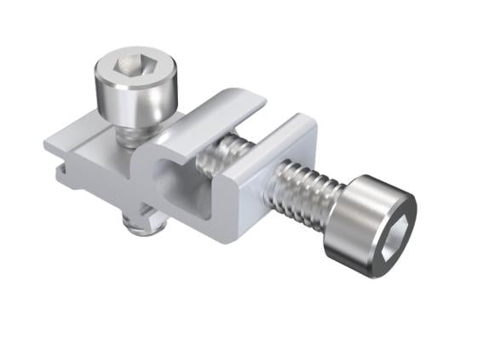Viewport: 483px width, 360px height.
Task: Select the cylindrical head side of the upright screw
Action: click(x=135, y=100)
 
